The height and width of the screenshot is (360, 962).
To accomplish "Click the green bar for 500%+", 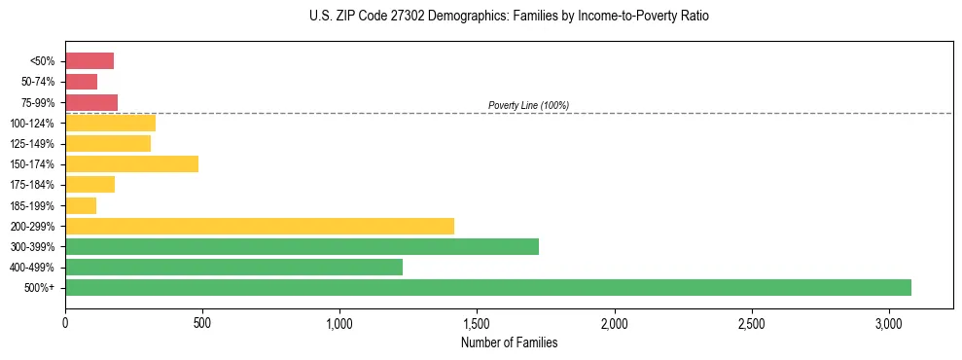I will click(487, 287).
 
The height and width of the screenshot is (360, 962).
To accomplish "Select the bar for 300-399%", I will click(302, 246).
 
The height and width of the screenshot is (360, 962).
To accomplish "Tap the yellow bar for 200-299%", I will click(260, 226).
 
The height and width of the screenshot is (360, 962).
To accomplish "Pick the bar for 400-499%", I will click(233, 267).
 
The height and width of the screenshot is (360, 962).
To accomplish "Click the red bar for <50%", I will click(89, 61).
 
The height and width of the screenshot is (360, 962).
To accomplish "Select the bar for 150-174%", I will click(131, 163).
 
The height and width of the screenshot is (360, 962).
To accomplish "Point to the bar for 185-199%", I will click(81, 205).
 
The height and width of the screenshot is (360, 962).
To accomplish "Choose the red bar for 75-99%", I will click(91, 102).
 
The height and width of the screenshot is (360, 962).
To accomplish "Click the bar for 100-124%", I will click(110, 123).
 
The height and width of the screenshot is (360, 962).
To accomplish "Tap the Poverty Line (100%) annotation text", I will click(528, 105).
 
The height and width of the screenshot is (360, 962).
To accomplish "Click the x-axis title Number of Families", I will click(509, 342).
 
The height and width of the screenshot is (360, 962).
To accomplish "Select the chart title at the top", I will click(510, 17).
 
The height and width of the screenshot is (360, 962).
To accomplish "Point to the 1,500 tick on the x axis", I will click(478, 322).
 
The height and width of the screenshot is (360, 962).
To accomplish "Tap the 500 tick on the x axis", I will click(202, 322).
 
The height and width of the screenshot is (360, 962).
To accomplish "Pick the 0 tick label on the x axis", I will click(65, 322).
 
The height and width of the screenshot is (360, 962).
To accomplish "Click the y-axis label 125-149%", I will click(32, 144).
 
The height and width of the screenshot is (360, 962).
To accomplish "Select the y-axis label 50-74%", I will click(37, 82).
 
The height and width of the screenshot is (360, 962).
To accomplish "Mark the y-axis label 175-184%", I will click(32, 185).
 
